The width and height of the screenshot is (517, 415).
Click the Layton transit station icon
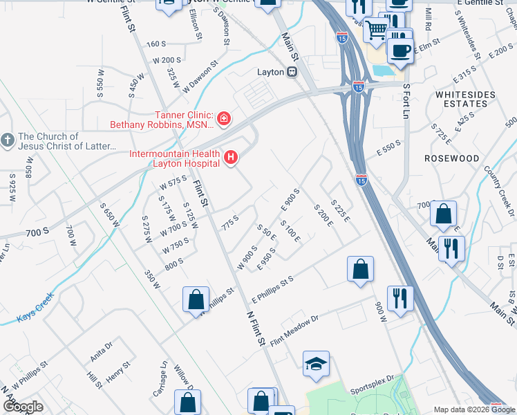[292, 72]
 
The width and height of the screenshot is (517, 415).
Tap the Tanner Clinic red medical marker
[223, 120]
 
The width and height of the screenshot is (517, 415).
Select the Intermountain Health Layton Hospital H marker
[230, 158]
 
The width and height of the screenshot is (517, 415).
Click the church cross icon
[8, 140]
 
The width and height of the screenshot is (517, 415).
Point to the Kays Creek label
[35, 317]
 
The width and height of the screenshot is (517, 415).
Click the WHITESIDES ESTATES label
[461, 98]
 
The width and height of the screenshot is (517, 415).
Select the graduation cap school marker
[316, 365]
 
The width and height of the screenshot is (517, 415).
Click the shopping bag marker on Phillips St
[196, 299]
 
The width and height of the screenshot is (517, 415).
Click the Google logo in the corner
[22, 407]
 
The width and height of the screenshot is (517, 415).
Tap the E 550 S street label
[389, 147]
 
